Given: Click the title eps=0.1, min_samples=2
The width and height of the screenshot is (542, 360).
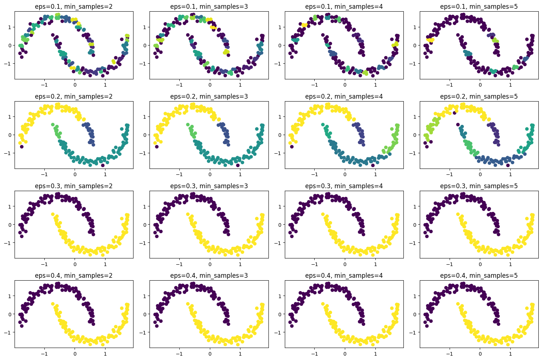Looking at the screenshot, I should coord(74,7).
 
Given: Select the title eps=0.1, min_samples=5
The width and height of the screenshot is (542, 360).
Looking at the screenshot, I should coord(479,7).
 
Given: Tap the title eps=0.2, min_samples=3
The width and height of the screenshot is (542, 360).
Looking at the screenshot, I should coord(209,96).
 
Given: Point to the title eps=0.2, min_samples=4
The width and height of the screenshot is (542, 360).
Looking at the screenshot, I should coord(344,96).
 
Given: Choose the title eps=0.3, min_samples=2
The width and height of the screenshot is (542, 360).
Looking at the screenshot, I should coord(74,186).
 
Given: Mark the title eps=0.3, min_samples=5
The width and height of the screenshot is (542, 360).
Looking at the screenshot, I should coord(479,186).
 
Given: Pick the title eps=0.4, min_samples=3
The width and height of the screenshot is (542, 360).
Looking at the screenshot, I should coord(209,276).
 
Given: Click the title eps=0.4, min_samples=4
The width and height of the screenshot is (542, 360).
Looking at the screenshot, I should coord(344,276).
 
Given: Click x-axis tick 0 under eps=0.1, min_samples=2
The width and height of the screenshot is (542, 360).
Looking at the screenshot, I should coord(75,85).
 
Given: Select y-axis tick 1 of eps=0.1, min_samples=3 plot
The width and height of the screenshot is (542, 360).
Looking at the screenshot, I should coord(145,27).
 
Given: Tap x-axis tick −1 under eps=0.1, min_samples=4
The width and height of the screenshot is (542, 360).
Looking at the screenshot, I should coord(315,85).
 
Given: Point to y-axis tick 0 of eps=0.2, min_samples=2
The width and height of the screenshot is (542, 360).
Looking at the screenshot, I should coord(10,135).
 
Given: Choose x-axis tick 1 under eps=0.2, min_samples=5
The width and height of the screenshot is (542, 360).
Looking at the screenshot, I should coord(510,174).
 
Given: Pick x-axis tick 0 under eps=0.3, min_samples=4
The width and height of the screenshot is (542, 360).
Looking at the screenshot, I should coord(345,264).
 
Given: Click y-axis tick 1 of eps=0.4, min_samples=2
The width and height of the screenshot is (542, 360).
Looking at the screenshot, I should coord(10,296).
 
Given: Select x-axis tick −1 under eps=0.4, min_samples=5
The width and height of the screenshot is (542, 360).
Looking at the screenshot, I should coord(450,353).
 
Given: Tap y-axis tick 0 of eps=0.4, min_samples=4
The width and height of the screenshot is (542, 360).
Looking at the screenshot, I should coord(280,314).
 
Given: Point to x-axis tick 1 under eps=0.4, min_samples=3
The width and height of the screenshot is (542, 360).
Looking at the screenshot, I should coord(240,353).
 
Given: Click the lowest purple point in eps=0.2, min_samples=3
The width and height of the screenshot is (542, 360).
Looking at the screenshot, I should coord(238,166).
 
